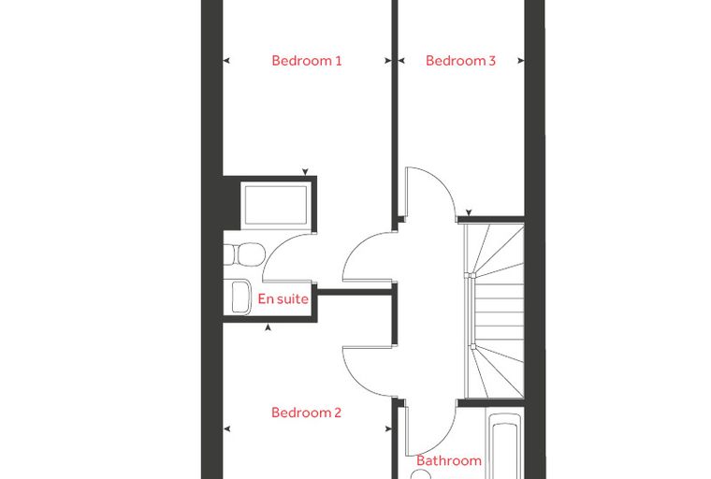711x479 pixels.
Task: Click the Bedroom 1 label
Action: coord(307,61)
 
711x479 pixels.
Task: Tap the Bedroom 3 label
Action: coord(460,61)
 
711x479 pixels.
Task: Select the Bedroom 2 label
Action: coord(306,413)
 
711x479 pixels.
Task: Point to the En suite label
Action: coord(283,299)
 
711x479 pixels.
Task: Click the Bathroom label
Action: coord(449,461)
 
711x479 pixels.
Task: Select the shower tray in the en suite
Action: coord(276,204)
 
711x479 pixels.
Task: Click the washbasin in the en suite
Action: coord(240,298)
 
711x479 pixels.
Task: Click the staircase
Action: coord(495,311)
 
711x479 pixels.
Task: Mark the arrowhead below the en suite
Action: coord(268,327)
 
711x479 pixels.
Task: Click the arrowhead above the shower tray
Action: coord(305,172)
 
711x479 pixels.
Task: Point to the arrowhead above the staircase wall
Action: coord(469,212)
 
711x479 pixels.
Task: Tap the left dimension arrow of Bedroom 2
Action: coord(226,428)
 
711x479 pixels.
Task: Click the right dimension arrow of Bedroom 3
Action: coord(521,60)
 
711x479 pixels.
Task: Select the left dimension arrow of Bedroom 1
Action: coord(226,60)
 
